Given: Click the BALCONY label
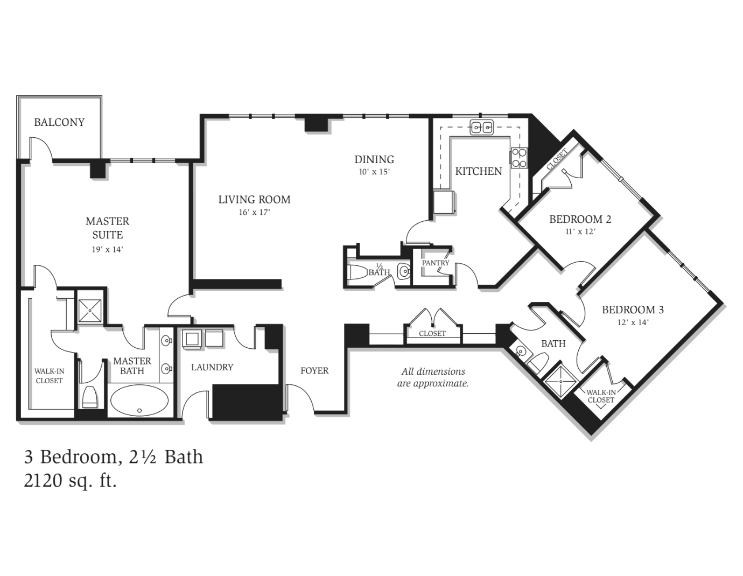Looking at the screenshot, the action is (x=59, y=122).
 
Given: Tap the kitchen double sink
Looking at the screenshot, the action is (x=481, y=128).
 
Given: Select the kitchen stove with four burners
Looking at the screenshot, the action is (x=519, y=158).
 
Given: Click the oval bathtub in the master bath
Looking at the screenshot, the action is (x=139, y=401).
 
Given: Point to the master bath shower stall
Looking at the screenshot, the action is (x=90, y=311).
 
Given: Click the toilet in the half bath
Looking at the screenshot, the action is (x=358, y=272).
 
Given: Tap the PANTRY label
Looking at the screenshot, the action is (x=435, y=263).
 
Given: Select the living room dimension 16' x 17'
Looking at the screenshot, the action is (x=254, y=212).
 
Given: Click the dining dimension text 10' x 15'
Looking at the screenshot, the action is (x=374, y=172).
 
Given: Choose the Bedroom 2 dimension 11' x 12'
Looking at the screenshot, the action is (x=580, y=231).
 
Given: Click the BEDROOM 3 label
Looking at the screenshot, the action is (x=633, y=310).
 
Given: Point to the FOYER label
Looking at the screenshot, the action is (x=314, y=370).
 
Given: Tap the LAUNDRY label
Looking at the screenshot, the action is (x=212, y=367).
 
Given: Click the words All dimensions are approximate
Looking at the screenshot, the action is (x=433, y=377).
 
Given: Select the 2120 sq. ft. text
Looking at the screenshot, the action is (x=71, y=481).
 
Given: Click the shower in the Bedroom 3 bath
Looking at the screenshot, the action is (x=560, y=381).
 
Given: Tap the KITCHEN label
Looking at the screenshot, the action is (x=478, y=171).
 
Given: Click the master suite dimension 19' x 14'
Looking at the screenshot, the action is (x=107, y=250).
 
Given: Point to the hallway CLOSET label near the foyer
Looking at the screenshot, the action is (x=432, y=333).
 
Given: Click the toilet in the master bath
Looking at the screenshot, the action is (x=90, y=397).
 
